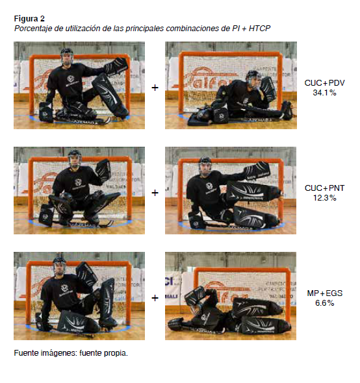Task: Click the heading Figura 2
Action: tap(29, 19)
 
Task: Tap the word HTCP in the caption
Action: tap(259, 29)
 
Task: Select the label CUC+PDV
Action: tap(324, 83)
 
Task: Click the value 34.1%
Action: tap(324, 93)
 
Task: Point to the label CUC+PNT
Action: tap(324, 188)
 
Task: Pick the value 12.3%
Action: tap(324, 198)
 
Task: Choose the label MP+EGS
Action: tap(324, 293)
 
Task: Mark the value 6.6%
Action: tap(324, 303)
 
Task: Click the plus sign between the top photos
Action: tap(155, 88)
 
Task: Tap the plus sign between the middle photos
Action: tap(155, 193)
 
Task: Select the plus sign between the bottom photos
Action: tap(155, 298)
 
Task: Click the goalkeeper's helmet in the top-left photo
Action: tap(67, 56)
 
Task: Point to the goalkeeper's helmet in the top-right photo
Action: tap(253, 79)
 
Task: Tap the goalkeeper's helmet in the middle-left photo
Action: tap(75, 158)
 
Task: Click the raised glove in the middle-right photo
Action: tap(257, 171)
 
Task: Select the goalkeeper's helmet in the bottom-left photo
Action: tap(59, 266)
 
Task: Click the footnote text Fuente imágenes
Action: tap(45, 353)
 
